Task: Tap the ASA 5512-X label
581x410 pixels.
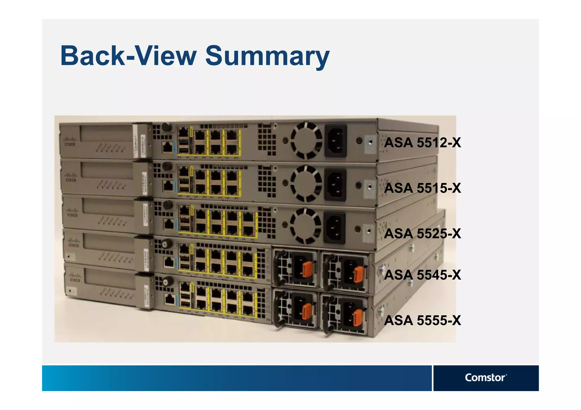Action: [422, 143]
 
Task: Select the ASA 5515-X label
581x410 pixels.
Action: [422, 188]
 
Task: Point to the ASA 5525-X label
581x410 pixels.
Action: [422, 234]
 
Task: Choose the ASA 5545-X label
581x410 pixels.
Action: [422, 275]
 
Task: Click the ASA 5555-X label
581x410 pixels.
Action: [422, 320]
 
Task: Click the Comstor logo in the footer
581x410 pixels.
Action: [485, 378]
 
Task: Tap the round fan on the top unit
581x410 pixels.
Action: [306, 140]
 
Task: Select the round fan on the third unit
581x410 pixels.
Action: [306, 226]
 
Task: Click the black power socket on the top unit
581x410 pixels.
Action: [336, 141]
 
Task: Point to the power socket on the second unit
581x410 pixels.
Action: [335, 185]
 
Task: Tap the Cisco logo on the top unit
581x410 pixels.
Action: [70, 141]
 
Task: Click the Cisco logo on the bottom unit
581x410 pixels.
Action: [75, 277]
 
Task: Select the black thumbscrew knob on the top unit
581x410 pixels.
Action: [167, 127]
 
